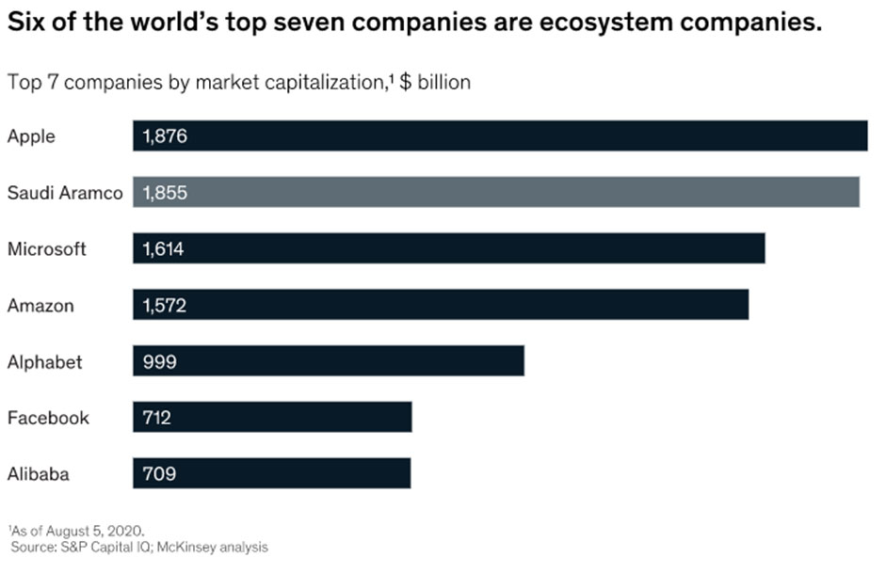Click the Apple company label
(x=31, y=136)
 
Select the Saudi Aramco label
(x=65, y=193)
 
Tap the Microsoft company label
(x=47, y=249)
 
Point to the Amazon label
(x=40, y=306)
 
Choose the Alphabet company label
(x=45, y=362)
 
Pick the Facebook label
(x=48, y=418)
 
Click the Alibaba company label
(x=39, y=474)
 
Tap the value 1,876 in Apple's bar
(x=165, y=136)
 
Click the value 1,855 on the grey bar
(x=165, y=193)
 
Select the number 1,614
(x=164, y=249)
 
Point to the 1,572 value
(x=165, y=306)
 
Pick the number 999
(x=159, y=362)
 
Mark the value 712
(x=157, y=418)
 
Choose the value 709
(x=159, y=474)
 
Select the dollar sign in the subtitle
(x=406, y=82)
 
